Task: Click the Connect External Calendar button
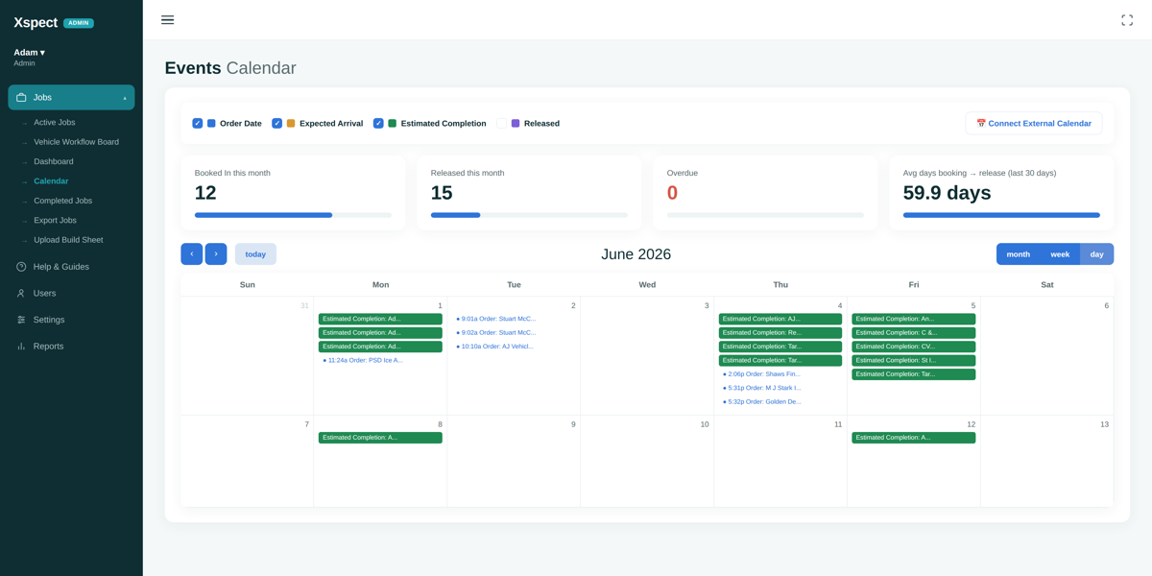1033,124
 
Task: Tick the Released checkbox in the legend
501,124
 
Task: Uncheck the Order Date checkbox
197,124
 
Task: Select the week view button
1060,254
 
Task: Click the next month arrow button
216,254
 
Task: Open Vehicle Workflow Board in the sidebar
76,142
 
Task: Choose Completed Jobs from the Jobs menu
62,201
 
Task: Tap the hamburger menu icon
168,20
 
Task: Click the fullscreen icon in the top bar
1127,20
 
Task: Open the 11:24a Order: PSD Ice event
363,361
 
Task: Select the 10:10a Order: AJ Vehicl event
494,347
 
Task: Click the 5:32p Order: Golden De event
761,401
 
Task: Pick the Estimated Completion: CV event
913,347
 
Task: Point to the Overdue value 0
672,193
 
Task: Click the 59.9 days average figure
947,193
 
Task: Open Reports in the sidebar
48,347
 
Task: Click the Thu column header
780,285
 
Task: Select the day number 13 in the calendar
1104,424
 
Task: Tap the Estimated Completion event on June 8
380,438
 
